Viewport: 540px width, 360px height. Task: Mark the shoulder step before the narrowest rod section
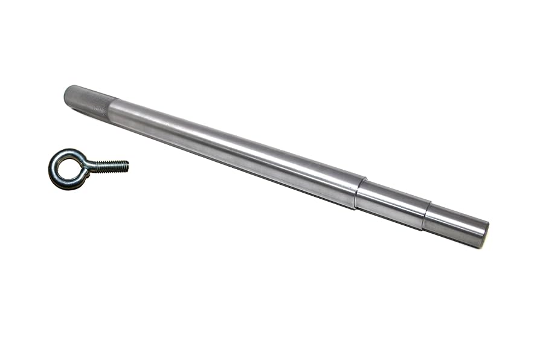[426, 216]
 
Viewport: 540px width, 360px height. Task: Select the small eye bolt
[85, 167]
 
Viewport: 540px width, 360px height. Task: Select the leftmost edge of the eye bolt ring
[50, 170]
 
